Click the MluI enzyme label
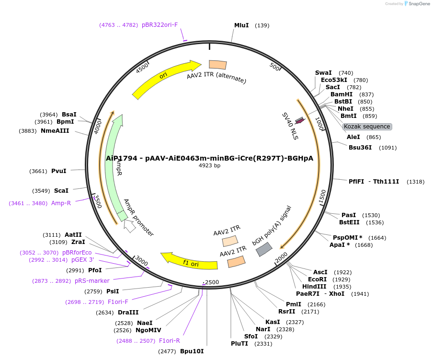(x=241, y=25)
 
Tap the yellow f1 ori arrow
(x=189, y=262)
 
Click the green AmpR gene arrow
(x=115, y=168)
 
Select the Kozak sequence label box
(x=367, y=127)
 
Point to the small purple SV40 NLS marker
(x=300, y=120)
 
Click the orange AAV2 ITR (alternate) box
(x=218, y=65)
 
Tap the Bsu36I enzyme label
(x=360, y=147)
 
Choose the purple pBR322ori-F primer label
(x=159, y=24)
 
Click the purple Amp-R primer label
(x=61, y=203)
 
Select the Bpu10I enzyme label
(x=192, y=351)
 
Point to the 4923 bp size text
(x=210, y=166)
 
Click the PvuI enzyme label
(x=59, y=171)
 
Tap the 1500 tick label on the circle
(x=321, y=195)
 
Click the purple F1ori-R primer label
(x=170, y=341)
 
